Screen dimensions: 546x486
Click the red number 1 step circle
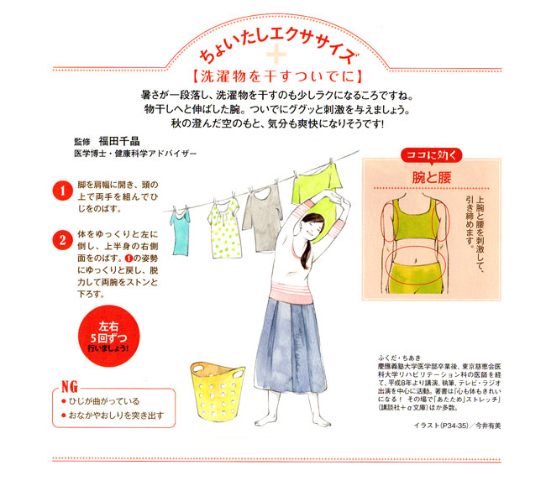62,191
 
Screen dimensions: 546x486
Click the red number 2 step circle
62,240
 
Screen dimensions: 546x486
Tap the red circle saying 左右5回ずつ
108,337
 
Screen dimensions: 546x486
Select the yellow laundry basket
218,391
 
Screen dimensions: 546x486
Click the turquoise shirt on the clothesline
181,232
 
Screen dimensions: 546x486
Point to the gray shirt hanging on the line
263,218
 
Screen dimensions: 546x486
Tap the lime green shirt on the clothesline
315,186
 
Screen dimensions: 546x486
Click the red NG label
70,386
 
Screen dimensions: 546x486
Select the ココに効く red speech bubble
432,155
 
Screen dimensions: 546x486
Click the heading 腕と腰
432,177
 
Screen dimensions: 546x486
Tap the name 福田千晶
119,141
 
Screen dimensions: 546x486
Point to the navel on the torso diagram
415,259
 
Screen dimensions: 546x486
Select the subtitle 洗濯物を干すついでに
277,76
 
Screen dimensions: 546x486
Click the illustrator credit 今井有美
488,426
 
